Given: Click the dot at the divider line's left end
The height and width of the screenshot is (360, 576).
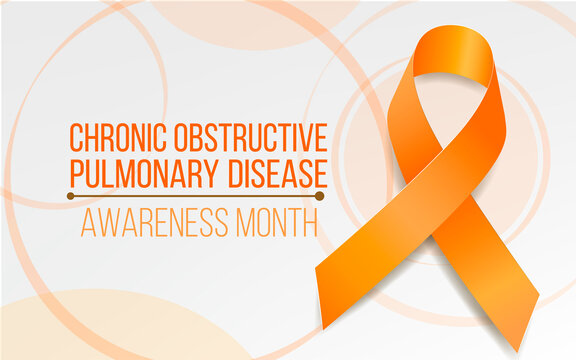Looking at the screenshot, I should click(70, 197).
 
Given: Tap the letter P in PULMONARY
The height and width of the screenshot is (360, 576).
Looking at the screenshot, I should click(75, 172).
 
